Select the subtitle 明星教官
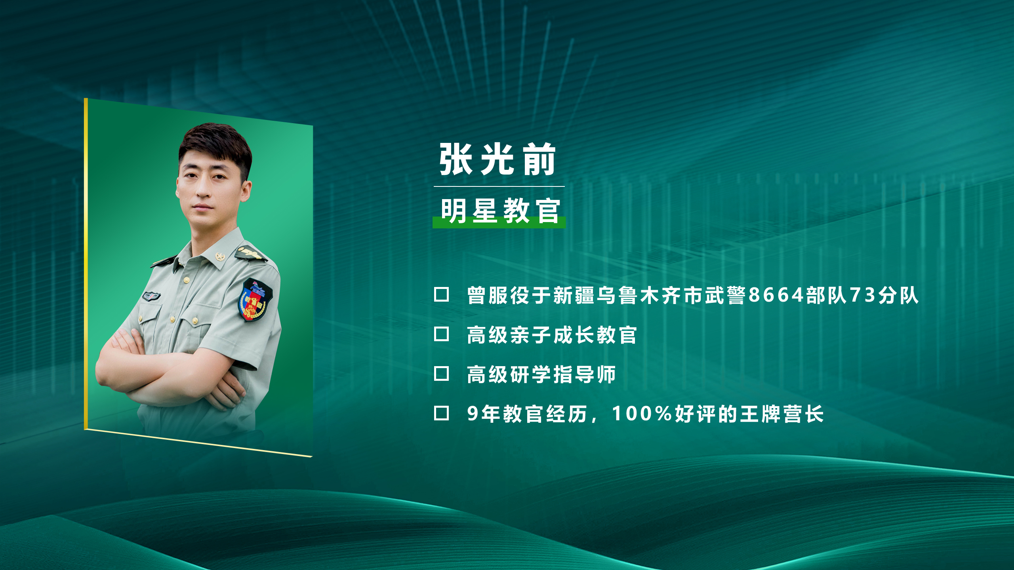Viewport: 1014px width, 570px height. pos(500,211)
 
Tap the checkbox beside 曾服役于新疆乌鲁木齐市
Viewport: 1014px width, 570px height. pos(441,294)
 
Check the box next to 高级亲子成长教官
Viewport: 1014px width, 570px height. pos(441,334)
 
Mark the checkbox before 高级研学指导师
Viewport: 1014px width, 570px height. pos(441,374)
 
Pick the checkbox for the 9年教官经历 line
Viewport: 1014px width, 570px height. pos(441,413)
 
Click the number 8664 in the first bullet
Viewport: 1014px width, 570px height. pos(776,295)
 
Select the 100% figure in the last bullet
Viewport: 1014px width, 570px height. pos(642,414)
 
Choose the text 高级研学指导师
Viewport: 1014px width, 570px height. pos(541,374)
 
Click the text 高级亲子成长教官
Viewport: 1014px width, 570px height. pos(552,335)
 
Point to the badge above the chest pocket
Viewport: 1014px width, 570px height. pos(151,296)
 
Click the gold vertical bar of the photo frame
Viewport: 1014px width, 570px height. pos(86,264)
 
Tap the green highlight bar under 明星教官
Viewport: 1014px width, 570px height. pos(499,222)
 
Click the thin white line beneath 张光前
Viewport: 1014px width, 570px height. pos(499,186)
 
